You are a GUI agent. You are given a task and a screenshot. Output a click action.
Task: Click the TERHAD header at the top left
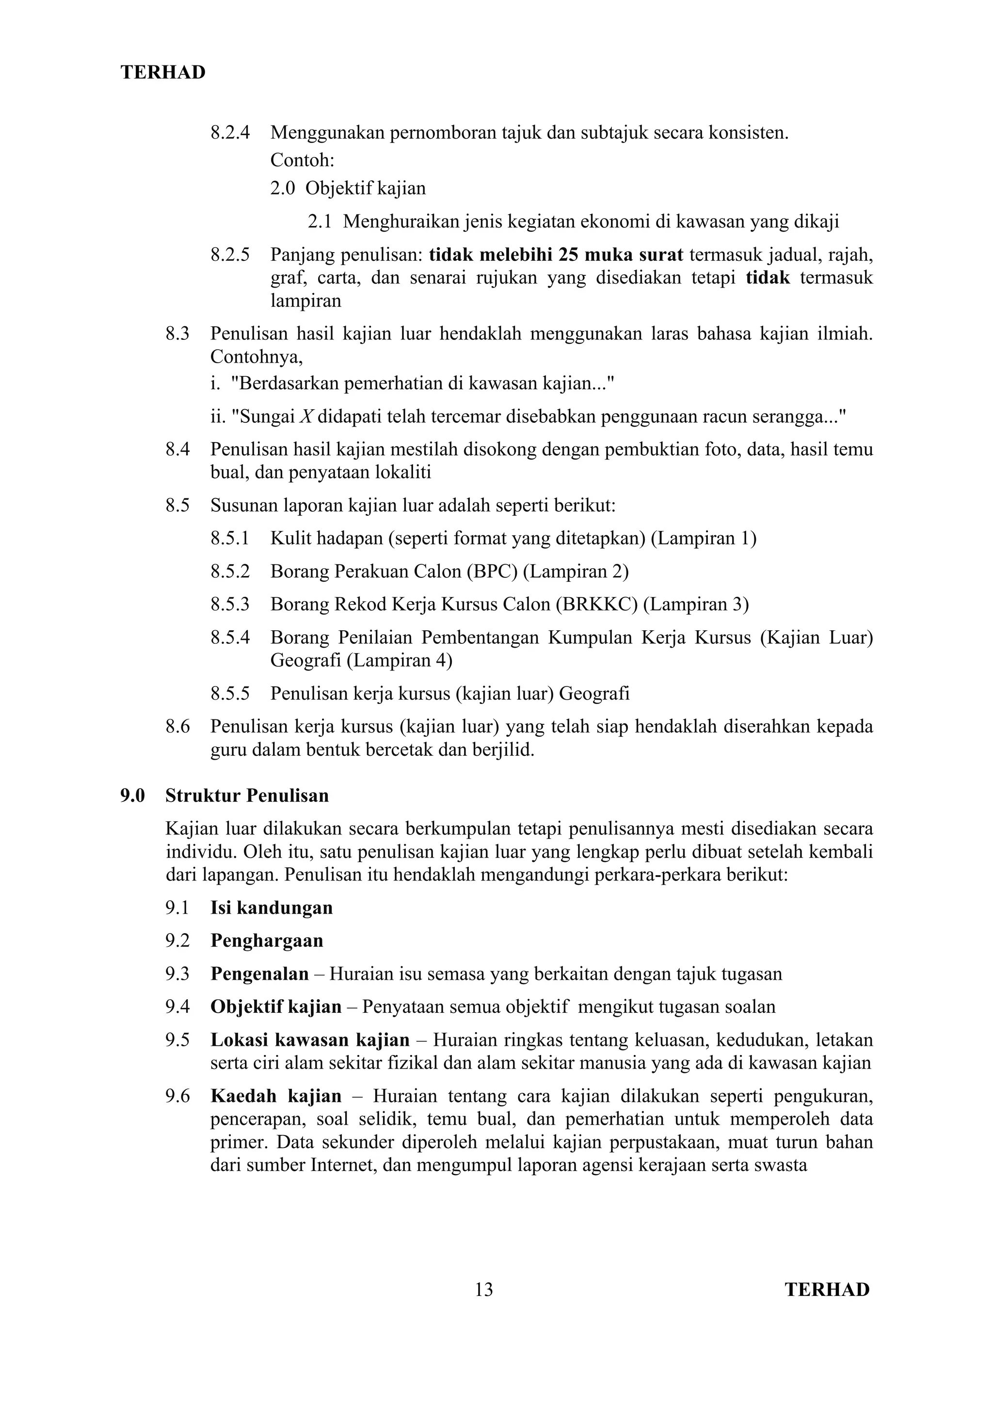[x=163, y=73]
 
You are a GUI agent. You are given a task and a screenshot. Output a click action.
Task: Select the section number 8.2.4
[x=230, y=133]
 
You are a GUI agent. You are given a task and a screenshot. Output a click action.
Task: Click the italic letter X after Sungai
[x=306, y=417]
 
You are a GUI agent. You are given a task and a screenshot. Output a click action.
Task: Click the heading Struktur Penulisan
[x=247, y=796]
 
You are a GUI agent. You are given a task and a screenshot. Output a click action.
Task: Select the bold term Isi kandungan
[x=272, y=908]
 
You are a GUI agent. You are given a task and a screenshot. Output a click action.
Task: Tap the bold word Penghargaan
[x=267, y=941]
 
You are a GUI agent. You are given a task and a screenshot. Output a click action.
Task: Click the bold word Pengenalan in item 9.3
[x=259, y=974]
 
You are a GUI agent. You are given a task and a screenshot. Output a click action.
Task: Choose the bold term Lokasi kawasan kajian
[x=310, y=1039]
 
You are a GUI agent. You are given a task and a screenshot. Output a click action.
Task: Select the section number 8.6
[x=177, y=727]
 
